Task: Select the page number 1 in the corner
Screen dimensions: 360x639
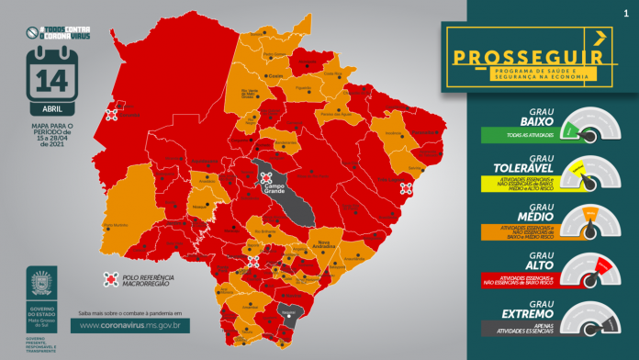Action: [626, 13]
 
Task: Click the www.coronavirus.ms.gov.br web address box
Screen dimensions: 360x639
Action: [135, 325]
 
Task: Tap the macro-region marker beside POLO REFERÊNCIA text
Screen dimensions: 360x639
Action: [111, 278]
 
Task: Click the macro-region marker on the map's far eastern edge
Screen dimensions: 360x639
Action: [406, 189]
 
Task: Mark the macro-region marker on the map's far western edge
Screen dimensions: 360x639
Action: [112, 115]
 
